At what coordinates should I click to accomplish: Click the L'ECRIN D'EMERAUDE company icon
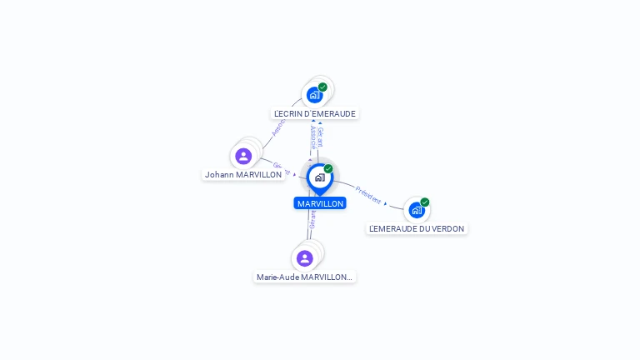(x=314, y=94)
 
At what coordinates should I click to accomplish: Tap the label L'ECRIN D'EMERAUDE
(x=315, y=113)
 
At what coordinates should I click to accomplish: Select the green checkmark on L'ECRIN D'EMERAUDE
(x=322, y=87)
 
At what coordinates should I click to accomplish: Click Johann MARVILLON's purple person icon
(x=243, y=156)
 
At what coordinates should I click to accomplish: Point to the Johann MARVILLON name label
(x=243, y=175)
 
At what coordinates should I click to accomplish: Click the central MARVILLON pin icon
(x=319, y=177)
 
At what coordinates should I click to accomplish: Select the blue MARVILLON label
(x=320, y=203)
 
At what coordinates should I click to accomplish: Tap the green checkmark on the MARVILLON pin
(x=328, y=168)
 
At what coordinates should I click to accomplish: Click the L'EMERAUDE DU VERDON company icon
(x=416, y=210)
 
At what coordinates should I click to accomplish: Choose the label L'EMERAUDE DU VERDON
(x=417, y=228)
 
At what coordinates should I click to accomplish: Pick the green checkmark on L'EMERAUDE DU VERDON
(x=425, y=202)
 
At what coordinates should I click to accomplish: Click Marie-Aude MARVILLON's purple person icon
(x=304, y=258)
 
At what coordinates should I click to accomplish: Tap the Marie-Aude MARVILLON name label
(x=304, y=277)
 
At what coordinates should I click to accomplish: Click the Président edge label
(x=367, y=195)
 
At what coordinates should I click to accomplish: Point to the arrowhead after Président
(x=386, y=203)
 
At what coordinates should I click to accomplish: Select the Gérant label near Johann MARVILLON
(x=282, y=169)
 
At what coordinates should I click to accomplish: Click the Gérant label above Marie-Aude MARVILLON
(x=312, y=217)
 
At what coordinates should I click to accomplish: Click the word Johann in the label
(x=219, y=175)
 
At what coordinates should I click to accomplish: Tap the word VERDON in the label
(x=447, y=228)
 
